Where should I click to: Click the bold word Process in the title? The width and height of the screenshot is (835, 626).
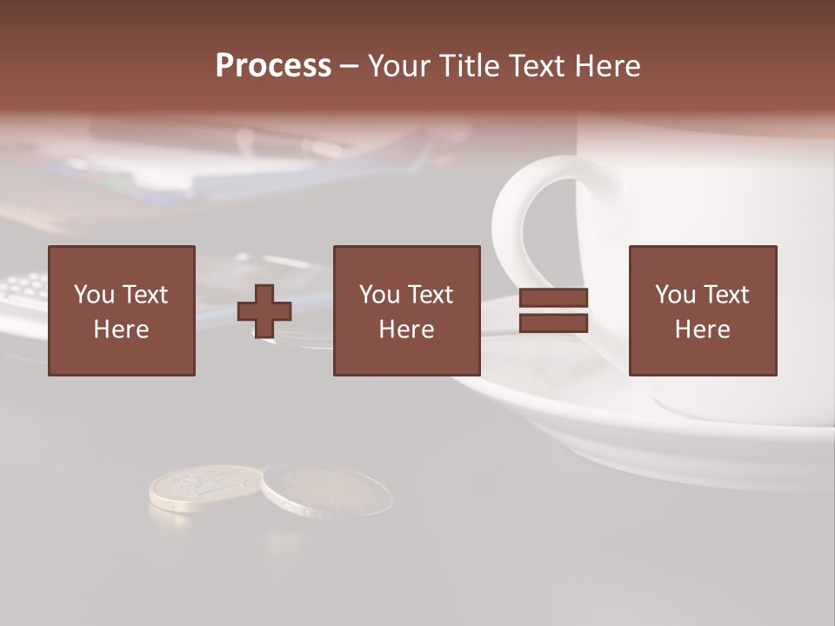point(273,66)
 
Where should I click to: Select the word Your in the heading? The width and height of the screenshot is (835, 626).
point(401,66)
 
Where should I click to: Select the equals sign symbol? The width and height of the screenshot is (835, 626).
point(553,310)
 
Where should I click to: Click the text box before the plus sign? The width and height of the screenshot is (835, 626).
point(122,310)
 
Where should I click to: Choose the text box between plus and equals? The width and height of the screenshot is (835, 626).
point(406,310)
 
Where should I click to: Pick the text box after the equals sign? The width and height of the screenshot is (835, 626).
point(702,310)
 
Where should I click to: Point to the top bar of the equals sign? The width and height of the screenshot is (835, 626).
point(553,297)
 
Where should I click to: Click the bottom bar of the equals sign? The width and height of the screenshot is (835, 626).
point(553,323)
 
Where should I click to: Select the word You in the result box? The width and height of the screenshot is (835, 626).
point(675,295)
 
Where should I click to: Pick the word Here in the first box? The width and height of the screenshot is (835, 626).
point(121,330)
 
